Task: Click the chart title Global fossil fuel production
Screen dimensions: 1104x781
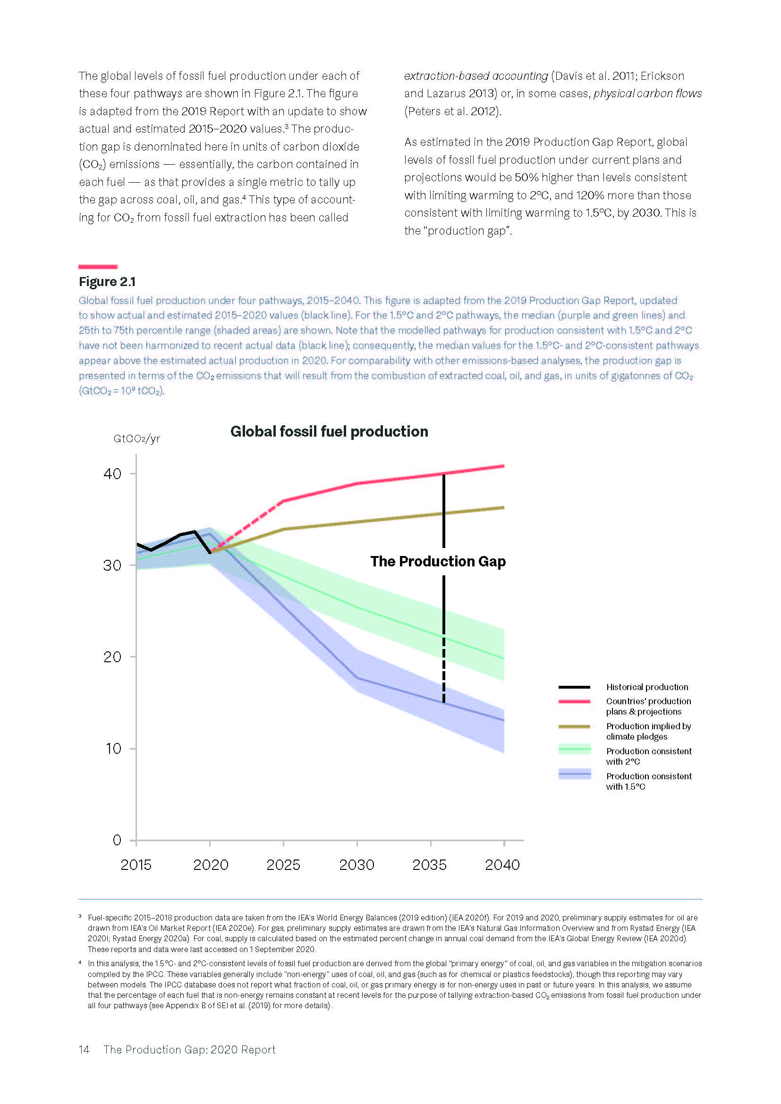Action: click(329, 431)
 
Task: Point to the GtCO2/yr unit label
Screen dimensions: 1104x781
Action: click(136, 438)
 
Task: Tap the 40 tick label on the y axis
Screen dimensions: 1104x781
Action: click(112, 474)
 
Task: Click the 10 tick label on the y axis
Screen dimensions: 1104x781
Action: click(113, 749)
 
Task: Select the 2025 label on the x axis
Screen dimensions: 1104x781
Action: click(283, 865)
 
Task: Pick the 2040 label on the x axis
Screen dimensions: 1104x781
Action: click(502, 865)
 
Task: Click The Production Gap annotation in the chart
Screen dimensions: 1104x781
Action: click(438, 562)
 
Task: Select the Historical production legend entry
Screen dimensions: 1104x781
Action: click(646, 687)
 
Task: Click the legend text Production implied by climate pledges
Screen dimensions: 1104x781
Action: click(648, 731)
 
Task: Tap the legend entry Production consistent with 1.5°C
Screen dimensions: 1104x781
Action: click(648, 781)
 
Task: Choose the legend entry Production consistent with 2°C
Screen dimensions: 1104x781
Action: click(648, 756)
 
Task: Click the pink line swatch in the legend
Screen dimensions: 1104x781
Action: click(574, 701)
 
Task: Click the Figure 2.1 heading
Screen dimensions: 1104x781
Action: click(107, 282)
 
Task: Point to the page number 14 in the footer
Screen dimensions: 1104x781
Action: click(84, 1050)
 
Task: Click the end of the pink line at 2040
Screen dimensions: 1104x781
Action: click(503, 466)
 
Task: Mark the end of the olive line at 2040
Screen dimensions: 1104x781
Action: click(503, 507)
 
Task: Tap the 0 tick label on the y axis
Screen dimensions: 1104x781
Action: click(117, 840)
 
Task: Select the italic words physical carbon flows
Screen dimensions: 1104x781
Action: click(647, 94)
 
